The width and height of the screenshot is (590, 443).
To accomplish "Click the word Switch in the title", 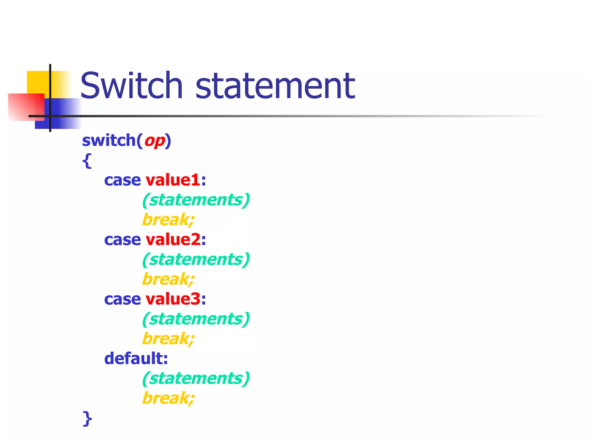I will pos(131,85).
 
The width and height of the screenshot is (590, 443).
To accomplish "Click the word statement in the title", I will pos(275,86).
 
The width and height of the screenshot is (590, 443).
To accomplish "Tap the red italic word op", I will pos(155,141).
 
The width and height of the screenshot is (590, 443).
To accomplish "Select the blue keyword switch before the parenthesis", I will pos(109,140).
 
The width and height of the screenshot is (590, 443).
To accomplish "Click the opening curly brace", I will pos(87,160).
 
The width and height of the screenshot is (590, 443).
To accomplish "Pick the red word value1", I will pos(173,180).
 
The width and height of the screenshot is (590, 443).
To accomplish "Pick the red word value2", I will pos(173,240).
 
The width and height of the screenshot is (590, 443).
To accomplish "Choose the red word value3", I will pos(173,299).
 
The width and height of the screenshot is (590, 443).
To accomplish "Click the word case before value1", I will pos(122,181).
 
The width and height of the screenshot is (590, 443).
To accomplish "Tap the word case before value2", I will pos(122,240).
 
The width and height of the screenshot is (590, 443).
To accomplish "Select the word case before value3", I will pos(122,299).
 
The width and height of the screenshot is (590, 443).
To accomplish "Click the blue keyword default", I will pos(136,358).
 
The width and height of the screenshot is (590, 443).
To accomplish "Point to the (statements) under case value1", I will pos(196,200).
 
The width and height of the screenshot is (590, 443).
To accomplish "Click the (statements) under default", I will pos(196,378).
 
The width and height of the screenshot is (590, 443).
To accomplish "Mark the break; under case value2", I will pos(168,279).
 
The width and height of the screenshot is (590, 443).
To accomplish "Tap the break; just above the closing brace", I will pos(168,398).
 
